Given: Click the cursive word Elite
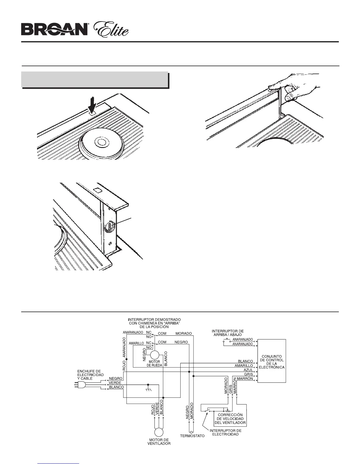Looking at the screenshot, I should pos(111,29).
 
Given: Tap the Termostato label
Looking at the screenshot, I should pos(192,436).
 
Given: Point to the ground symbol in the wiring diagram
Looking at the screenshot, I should pos(148,390).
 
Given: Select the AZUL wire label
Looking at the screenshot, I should pos(248,370).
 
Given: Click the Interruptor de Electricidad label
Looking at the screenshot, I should pos(225,432).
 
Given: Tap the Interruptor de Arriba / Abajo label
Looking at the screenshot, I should pos(228,333).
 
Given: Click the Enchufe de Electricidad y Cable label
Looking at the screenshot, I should pos(90,375).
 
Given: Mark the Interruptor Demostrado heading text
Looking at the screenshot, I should pos(154,323).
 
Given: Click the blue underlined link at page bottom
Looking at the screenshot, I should pos(59,463).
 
